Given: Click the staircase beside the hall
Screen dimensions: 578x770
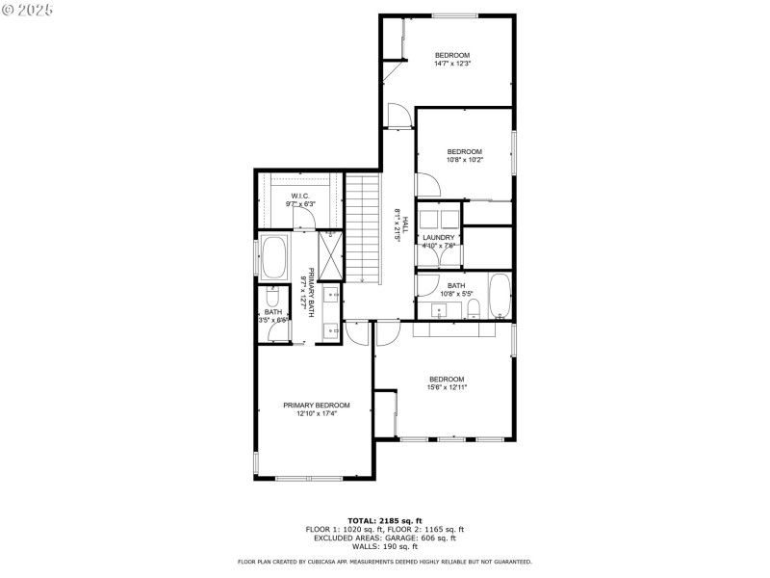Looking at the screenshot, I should coord(365,228).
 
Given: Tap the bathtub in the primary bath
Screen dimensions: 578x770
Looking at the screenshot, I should coord(274,257).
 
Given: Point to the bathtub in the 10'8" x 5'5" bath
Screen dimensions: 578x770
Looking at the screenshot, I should coord(500,296).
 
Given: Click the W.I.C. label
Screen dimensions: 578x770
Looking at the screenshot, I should coord(299,197).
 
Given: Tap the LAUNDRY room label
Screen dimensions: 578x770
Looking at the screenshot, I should coord(438,237).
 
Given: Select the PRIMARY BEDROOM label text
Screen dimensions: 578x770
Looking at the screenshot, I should coord(316,406).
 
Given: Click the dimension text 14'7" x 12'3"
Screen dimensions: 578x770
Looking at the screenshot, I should coord(451,65).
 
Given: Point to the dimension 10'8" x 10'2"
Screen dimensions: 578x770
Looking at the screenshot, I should coord(465,160).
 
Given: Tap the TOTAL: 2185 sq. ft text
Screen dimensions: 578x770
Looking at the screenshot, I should coord(384,520).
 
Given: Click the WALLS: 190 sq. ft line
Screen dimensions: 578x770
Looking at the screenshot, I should coord(384,546).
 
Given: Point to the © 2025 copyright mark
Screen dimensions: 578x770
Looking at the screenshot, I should coord(28,9).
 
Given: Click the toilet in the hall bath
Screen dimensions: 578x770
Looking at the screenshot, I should coord(475,308).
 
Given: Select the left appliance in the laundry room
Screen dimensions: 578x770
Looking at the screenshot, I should coord(427,217).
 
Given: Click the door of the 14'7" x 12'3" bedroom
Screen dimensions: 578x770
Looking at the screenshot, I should coord(398,116).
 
